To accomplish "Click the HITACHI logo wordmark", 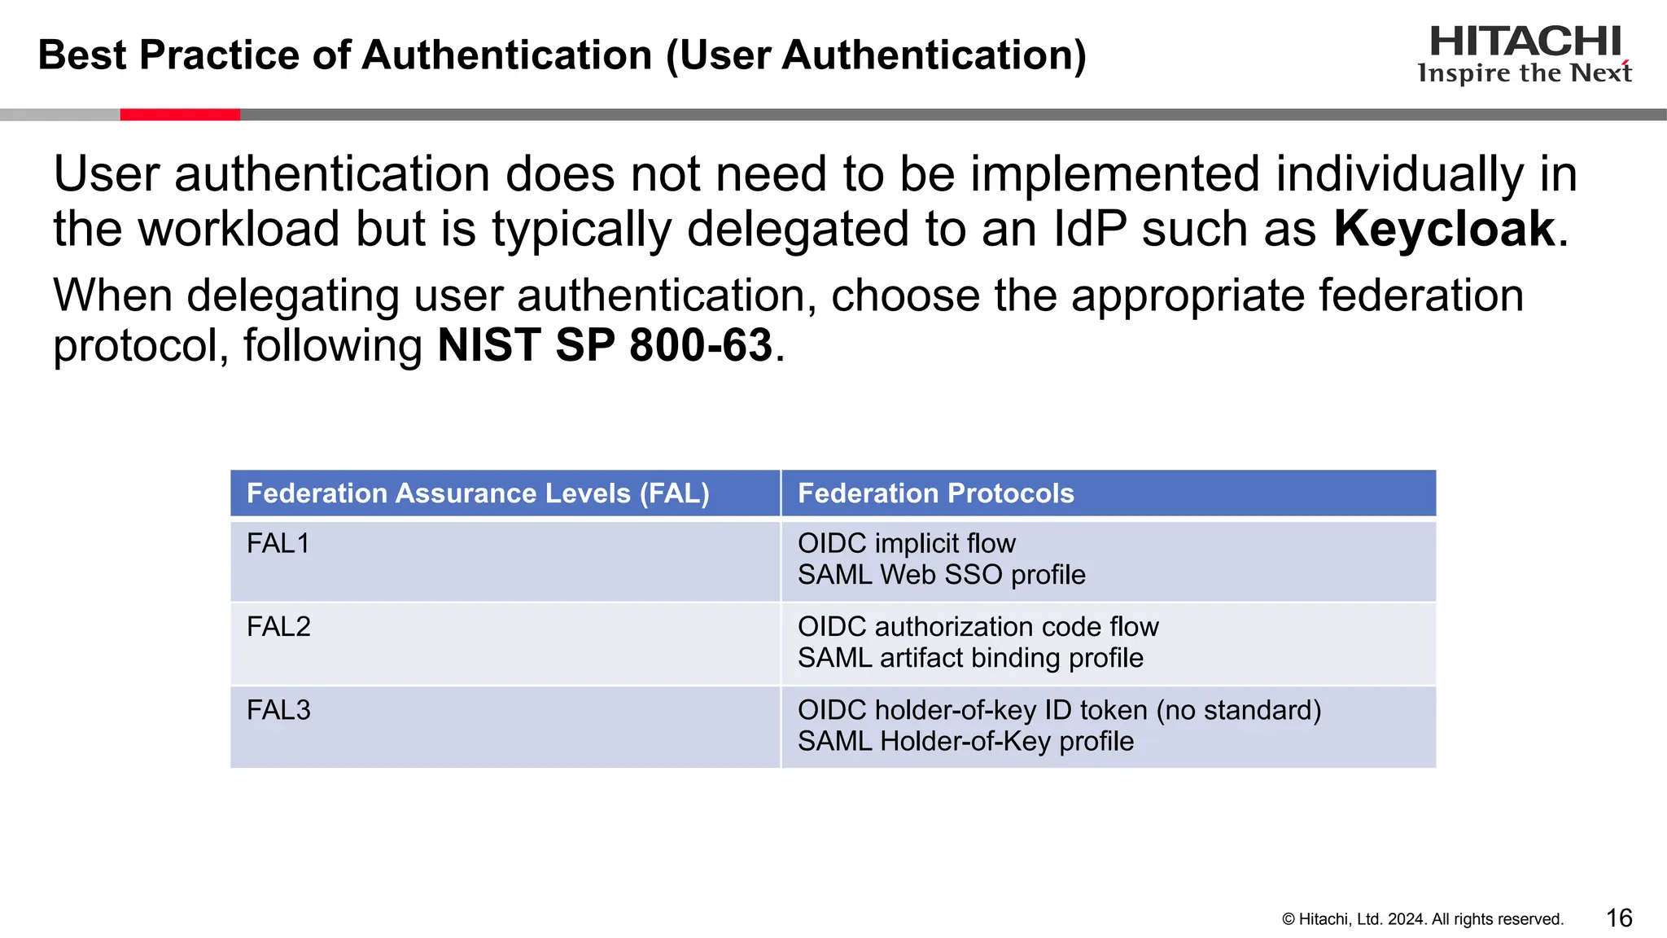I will (x=1525, y=41).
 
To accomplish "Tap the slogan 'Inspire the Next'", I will (x=1525, y=73).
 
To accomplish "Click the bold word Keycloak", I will (x=1444, y=229).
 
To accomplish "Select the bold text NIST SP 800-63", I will (x=605, y=345).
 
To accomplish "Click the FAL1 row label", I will (x=278, y=543).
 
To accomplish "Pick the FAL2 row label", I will (x=278, y=627).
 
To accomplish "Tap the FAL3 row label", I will (x=278, y=710).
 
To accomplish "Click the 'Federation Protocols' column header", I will (x=935, y=493).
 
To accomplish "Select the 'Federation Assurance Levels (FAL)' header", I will (x=478, y=493).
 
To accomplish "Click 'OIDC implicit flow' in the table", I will (x=906, y=543).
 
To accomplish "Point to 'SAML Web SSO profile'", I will (x=941, y=575).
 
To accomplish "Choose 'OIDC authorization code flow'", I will (x=978, y=627).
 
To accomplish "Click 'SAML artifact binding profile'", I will (x=970, y=658).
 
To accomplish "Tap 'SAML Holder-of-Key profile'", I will (x=965, y=742).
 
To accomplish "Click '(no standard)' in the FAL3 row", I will (x=1238, y=710).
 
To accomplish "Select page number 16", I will (x=1619, y=918).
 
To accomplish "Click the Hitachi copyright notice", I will (x=1423, y=919).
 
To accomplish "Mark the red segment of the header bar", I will (x=180, y=115).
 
